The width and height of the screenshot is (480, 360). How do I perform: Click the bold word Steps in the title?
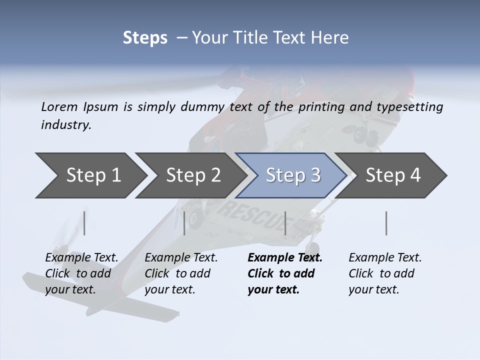tap(145, 38)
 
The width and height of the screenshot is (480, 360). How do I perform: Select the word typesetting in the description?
tap(413, 106)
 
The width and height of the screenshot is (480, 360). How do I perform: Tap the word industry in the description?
tap(66, 125)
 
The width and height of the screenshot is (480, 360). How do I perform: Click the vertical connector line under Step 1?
tap(84, 223)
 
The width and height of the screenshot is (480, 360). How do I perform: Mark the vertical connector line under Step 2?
tap(185, 223)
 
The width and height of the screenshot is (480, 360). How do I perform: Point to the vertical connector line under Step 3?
tap(285, 223)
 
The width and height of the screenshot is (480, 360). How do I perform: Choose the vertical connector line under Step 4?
tap(386, 223)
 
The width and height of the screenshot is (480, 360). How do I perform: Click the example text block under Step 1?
tap(81, 273)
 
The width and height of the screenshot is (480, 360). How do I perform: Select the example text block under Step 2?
tap(181, 273)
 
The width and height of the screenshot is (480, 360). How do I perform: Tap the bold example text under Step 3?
tap(284, 273)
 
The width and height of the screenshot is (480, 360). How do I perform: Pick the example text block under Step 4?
tap(385, 273)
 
